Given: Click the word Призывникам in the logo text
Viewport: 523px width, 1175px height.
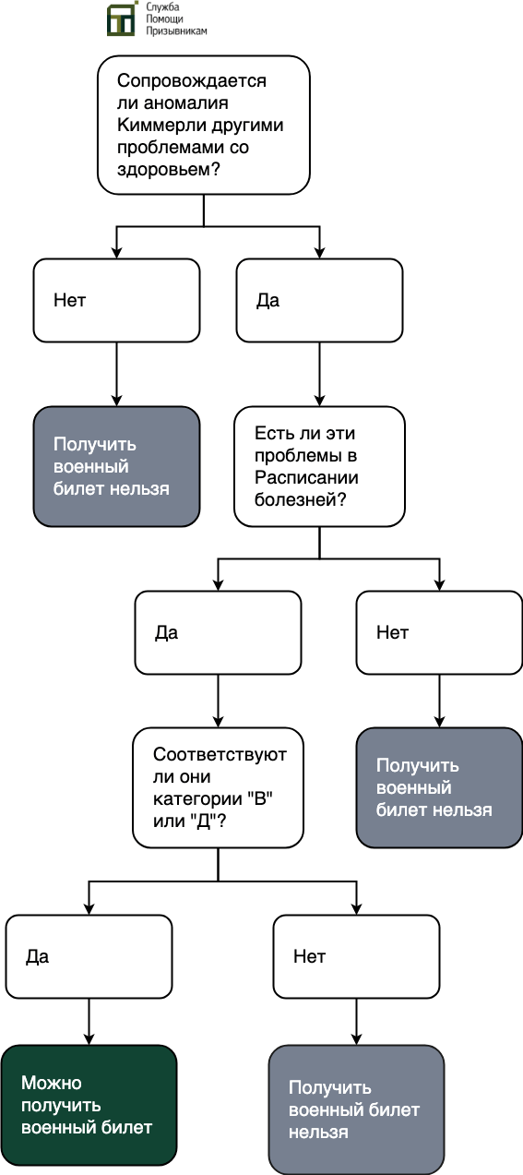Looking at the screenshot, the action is pos(176,30).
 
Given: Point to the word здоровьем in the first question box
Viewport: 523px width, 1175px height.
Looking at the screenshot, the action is pos(163,170).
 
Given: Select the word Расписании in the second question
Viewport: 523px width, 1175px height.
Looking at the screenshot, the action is pos(306,477).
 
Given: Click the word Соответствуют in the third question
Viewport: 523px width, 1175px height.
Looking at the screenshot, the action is pos(220,754).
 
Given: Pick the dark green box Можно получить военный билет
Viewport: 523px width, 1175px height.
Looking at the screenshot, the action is pos(89,1105).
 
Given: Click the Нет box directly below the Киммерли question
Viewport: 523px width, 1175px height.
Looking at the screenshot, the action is pos(116,300).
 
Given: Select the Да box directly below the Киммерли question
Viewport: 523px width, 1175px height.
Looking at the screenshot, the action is pos(319,300).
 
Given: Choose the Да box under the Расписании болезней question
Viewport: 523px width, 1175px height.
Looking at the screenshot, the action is pos(218,632).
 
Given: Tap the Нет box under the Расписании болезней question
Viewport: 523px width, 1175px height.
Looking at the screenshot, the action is pos(439,632).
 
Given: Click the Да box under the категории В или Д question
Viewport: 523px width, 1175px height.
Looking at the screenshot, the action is pos(89,957).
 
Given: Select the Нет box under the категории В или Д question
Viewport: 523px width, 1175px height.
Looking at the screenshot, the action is pos(356,957).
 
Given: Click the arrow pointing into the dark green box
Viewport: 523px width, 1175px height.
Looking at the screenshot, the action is pos(89,1022).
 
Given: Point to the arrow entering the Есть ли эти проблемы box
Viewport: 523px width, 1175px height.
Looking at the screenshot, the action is pos(319,374).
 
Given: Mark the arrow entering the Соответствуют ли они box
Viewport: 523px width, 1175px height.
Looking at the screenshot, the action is pos(218,701).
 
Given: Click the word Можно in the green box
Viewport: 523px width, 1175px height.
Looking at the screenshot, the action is pos(52,1083).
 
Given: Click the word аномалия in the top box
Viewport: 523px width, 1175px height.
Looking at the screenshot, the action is pos(186,102).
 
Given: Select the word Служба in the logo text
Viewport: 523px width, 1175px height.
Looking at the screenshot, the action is pos(162,7).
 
